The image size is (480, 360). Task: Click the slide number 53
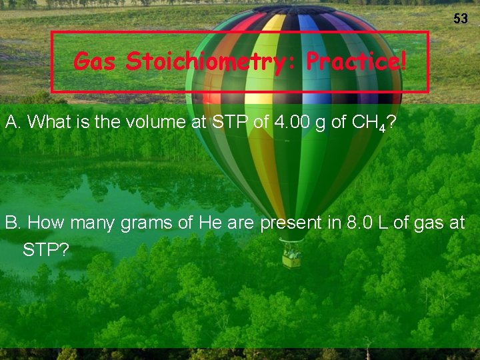[461, 19]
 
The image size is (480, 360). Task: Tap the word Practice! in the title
[355, 62]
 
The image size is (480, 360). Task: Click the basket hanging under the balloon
[291, 257]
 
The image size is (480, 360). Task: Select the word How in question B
[46, 223]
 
